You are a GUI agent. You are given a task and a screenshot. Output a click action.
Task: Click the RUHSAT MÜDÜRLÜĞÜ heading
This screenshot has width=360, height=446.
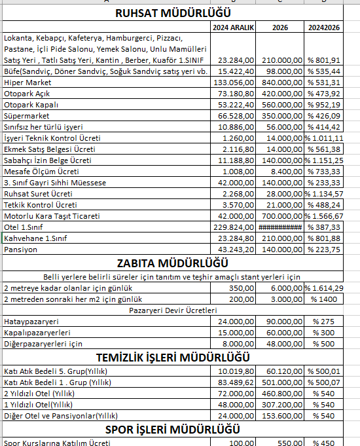click(173, 12)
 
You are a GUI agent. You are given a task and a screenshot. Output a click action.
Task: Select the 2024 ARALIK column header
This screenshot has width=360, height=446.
click(233, 28)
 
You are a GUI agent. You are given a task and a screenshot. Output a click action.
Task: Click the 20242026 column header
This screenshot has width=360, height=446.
click(325, 28)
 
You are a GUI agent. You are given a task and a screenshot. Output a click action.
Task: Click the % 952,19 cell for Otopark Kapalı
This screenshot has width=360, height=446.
click(325, 105)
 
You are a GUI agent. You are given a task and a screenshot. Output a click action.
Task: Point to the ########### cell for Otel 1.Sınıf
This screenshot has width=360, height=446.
click(279, 227)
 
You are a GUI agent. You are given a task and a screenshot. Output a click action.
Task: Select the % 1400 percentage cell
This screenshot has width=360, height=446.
click(325, 299)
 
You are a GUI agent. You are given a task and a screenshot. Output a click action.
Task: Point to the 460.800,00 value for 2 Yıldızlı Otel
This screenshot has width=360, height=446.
click(279, 393)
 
